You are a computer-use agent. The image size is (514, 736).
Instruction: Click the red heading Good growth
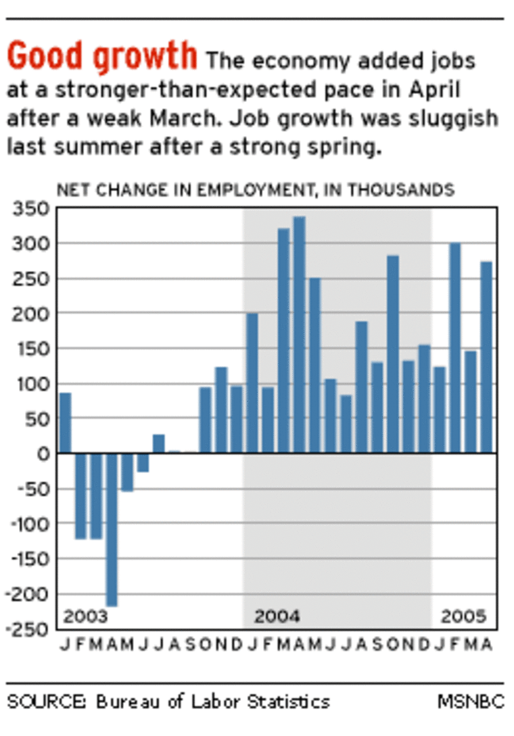point(102,56)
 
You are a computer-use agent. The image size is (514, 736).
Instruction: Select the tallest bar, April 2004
point(300,335)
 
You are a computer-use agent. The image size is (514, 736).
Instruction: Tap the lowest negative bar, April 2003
point(112,530)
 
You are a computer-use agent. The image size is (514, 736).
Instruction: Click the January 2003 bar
point(66,423)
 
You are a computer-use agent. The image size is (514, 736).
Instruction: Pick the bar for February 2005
point(454,348)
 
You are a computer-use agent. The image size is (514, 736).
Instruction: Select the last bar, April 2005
point(486,358)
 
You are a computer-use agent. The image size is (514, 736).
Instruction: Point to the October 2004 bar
point(393,354)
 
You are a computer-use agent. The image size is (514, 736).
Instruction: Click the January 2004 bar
point(252,383)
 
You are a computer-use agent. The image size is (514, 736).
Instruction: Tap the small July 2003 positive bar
point(159,444)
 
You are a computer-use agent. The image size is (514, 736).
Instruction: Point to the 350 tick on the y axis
point(31,208)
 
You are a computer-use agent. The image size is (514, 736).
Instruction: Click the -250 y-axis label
point(28,629)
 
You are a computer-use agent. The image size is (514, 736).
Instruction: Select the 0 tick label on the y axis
point(44,454)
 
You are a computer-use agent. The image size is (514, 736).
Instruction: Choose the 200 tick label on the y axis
point(31,314)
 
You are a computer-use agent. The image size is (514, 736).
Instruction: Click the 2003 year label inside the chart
point(85,616)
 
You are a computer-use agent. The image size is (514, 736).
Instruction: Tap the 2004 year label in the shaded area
point(277,616)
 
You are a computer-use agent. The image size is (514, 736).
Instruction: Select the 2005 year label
point(463,616)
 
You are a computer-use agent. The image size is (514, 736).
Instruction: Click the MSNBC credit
point(471,702)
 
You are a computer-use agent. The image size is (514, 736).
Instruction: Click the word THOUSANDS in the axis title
point(401,190)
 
